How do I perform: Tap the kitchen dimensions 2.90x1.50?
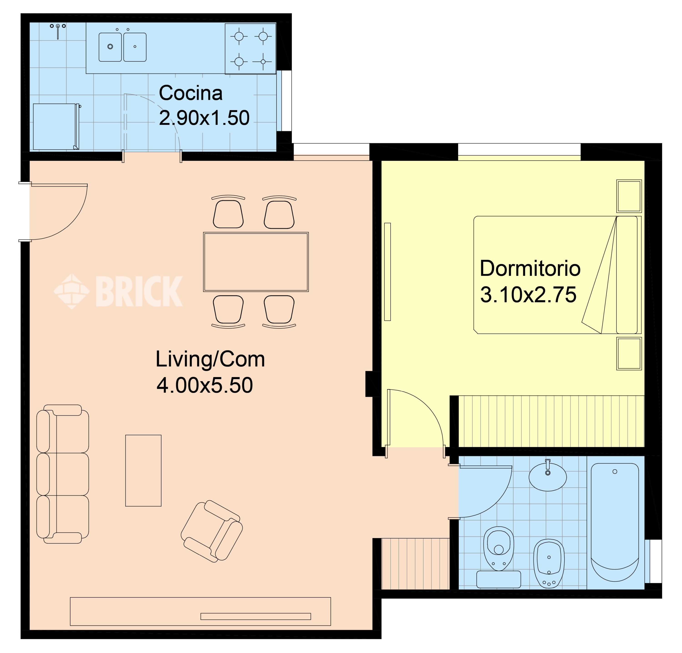[204, 118]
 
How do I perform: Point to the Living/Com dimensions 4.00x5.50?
[205, 385]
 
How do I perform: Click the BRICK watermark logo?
[118, 291]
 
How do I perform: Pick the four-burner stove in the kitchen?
[251, 49]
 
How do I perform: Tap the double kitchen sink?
[123, 47]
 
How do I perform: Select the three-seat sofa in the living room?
[63, 474]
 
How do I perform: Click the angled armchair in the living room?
[212, 531]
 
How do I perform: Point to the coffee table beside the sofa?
[143, 470]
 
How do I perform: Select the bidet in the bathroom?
[549, 564]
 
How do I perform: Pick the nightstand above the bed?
[629, 196]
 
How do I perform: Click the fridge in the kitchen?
[56, 127]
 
